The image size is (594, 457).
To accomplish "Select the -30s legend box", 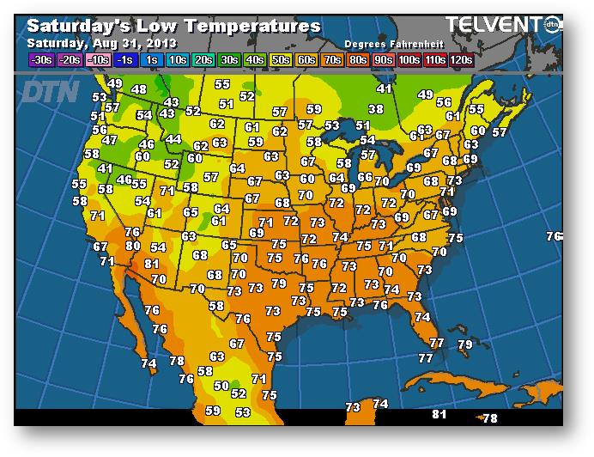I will pyautogui.click(x=41, y=60).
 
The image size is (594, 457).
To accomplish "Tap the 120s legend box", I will pyautogui.click(x=462, y=60).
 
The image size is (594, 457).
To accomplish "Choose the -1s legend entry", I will pyautogui.click(x=124, y=60).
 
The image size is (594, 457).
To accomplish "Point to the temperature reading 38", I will pyautogui.click(x=376, y=109).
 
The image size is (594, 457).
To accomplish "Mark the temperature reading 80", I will pyautogui.click(x=133, y=246).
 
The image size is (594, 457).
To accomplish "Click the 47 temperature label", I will pyautogui.click(x=110, y=140).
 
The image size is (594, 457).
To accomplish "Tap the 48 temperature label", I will pyautogui.click(x=138, y=89).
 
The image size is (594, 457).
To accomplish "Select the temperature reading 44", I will pyautogui.click(x=173, y=139).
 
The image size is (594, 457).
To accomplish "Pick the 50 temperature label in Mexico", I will pyautogui.click(x=221, y=387).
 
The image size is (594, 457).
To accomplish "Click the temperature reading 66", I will pyautogui.click(x=364, y=178).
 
